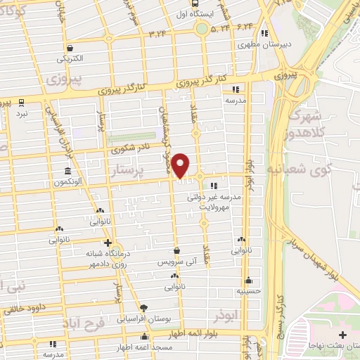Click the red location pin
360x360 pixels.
(181, 165)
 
